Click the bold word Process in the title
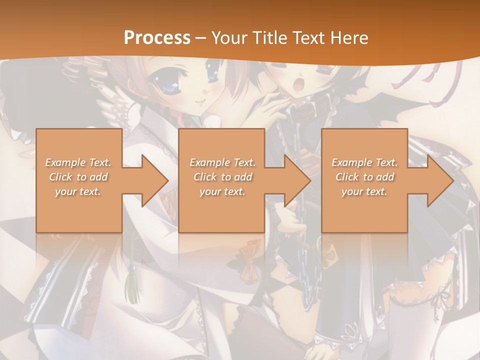click(157, 37)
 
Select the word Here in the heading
click(349, 37)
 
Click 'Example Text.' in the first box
click(78, 162)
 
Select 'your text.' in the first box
click(78, 191)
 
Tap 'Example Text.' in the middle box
click(222, 162)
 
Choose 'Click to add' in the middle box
click(222, 177)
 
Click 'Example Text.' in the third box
click(364, 162)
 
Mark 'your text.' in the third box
click(364, 191)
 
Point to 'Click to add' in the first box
click(78, 177)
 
